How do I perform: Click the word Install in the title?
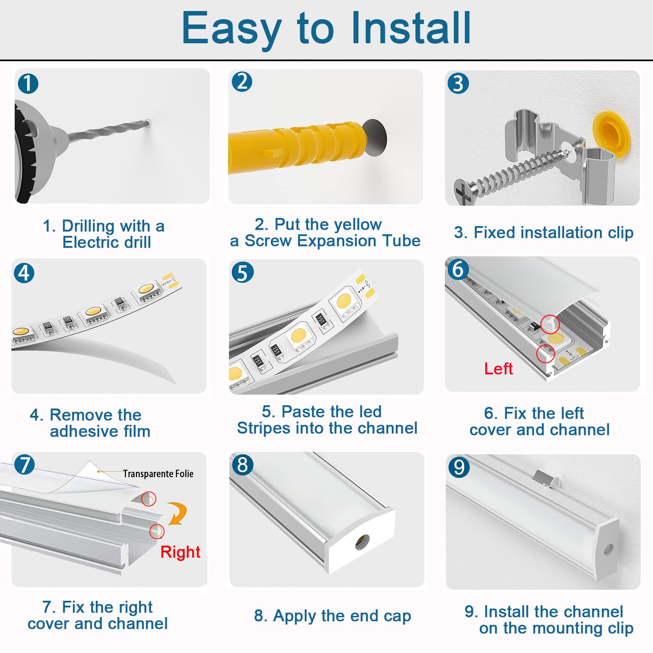[x=411, y=28]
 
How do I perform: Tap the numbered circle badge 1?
[x=28, y=84]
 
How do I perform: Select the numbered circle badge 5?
[x=242, y=272]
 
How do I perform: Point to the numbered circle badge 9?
[x=459, y=467]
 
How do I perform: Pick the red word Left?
[x=498, y=369]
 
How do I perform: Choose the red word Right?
[x=180, y=552]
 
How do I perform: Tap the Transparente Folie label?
[x=158, y=473]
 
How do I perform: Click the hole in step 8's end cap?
[x=362, y=542]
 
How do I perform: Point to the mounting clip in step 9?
[x=546, y=477]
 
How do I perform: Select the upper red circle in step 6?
[x=550, y=324]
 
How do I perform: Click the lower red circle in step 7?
[x=157, y=531]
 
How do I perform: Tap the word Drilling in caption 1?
[x=88, y=225]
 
